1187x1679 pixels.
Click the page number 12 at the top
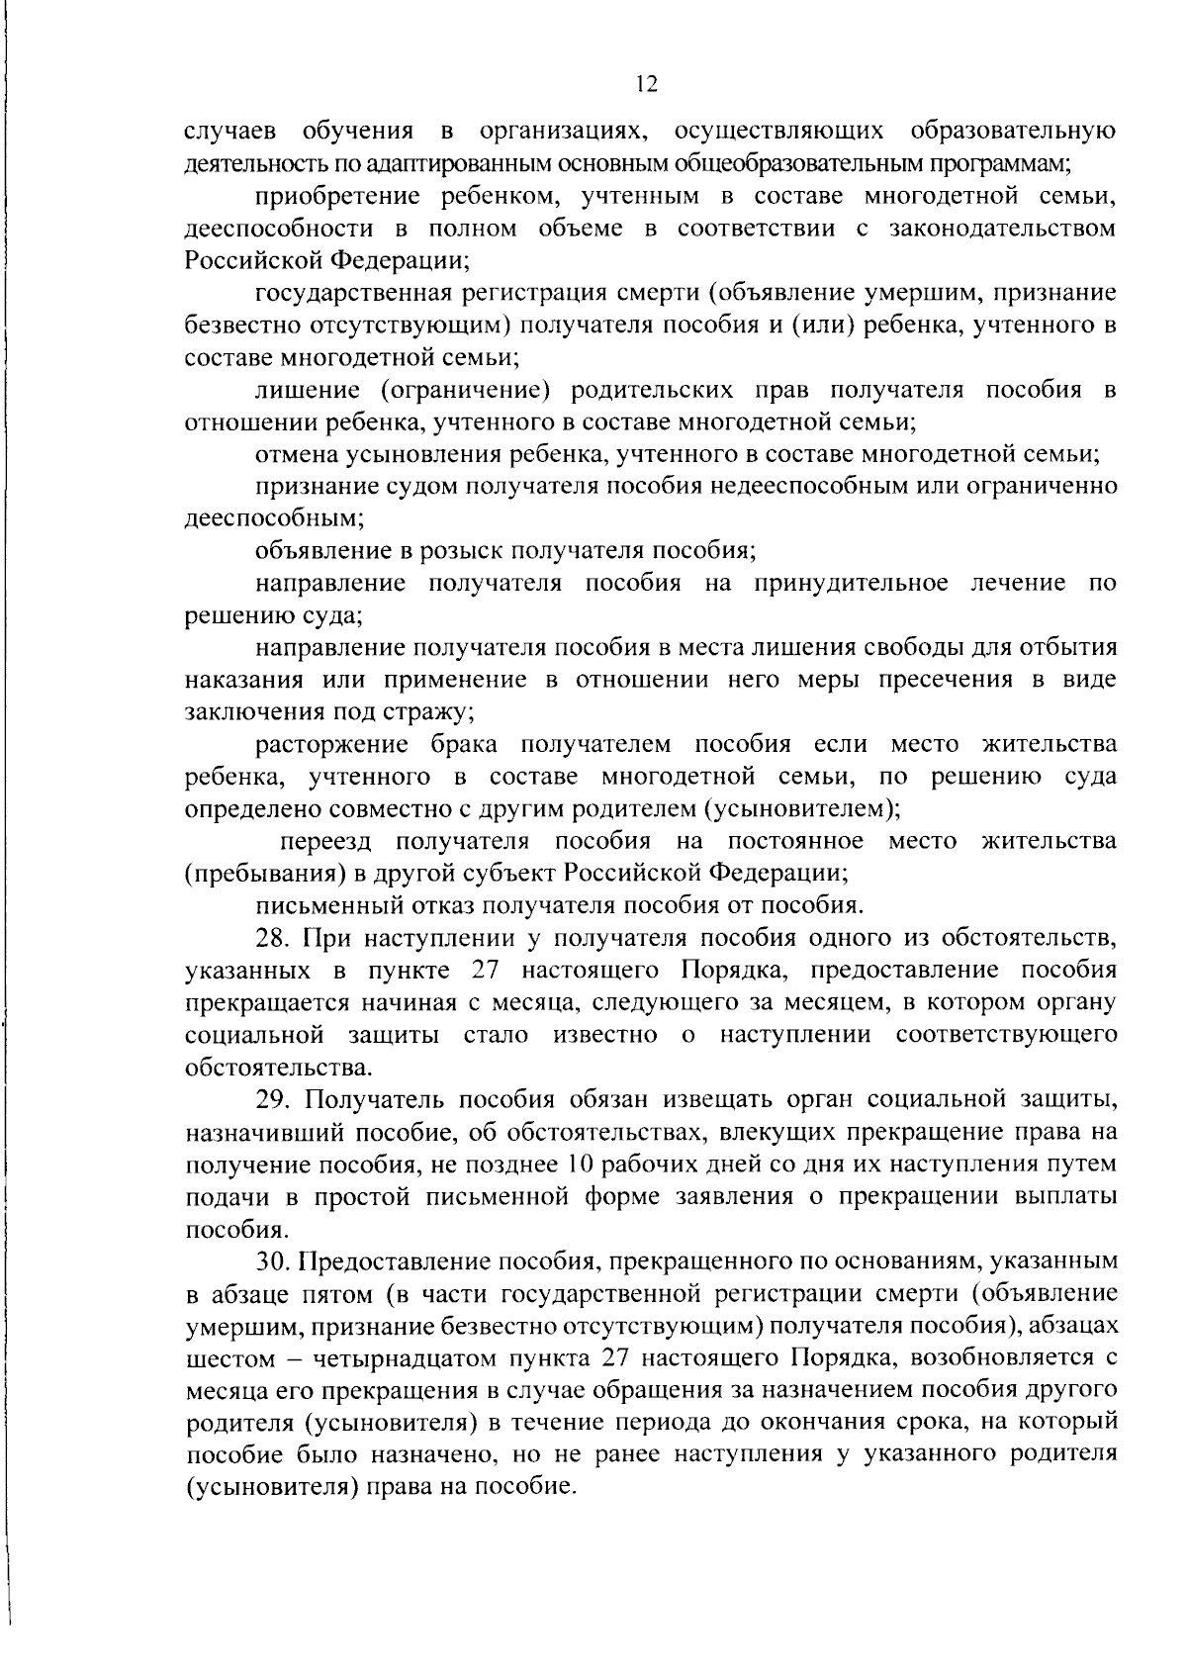click(x=646, y=85)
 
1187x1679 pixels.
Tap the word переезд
click(x=324, y=842)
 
